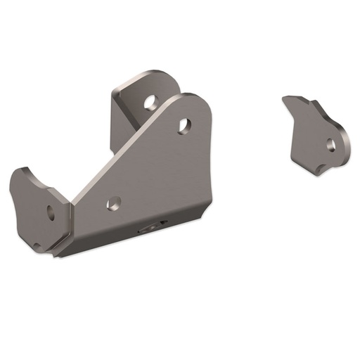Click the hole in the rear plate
(x=150, y=102)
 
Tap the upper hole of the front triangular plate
(x=184, y=125)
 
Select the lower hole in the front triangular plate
(x=111, y=205)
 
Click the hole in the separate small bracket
(x=330, y=145)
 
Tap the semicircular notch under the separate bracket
(x=323, y=167)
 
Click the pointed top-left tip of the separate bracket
(x=284, y=99)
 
